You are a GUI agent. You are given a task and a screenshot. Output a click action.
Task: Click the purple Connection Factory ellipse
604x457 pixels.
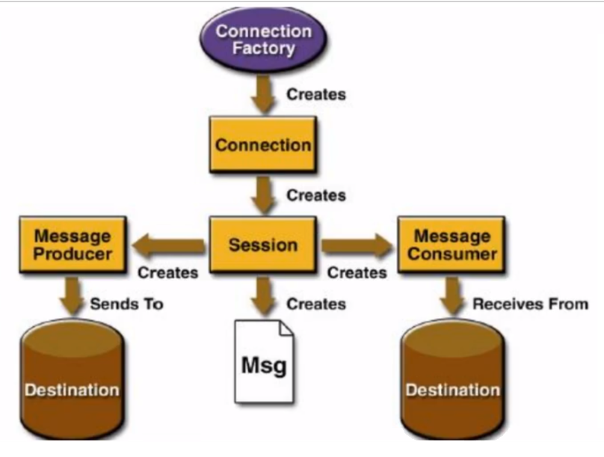pyautogui.click(x=263, y=40)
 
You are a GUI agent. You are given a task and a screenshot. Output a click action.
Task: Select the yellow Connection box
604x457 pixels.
pyautogui.click(x=263, y=144)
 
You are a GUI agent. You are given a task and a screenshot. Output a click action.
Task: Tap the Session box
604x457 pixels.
pyautogui.click(x=263, y=245)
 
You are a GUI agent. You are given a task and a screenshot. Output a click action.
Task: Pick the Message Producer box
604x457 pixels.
pyautogui.click(x=73, y=245)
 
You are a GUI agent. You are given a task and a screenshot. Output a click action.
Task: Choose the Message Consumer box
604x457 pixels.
pyautogui.click(x=452, y=245)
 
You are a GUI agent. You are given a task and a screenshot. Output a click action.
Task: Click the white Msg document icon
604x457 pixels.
pyautogui.click(x=265, y=362)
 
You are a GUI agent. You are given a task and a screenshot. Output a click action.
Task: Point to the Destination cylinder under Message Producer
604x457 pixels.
pyautogui.click(x=72, y=379)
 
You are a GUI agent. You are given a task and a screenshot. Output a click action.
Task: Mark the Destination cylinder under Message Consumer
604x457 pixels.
pyautogui.click(x=452, y=379)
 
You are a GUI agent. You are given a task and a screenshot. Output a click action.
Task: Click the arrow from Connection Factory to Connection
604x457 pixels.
pyautogui.click(x=263, y=94)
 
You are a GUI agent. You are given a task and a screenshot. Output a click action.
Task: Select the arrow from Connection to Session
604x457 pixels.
pyautogui.click(x=263, y=195)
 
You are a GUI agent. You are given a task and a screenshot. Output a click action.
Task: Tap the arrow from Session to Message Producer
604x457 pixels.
pyautogui.click(x=168, y=245)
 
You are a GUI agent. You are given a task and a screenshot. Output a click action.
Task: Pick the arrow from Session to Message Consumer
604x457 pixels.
pyautogui.click(x=357, y=245)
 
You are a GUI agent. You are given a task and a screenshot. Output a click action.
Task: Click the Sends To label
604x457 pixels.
pyautogui.click(x=127, y=304)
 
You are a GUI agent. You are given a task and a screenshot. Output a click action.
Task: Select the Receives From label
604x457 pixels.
pyautogui.click(x=531, y=304)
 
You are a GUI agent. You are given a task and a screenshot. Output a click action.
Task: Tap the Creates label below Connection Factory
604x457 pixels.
pyautogui.click(x=316, y=94)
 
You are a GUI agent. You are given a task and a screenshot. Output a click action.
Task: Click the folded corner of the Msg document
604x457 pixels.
pyautogui.click(x=286, y=328)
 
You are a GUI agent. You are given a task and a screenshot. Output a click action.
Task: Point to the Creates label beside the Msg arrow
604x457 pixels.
pyautogui.click(x=316, y=304)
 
